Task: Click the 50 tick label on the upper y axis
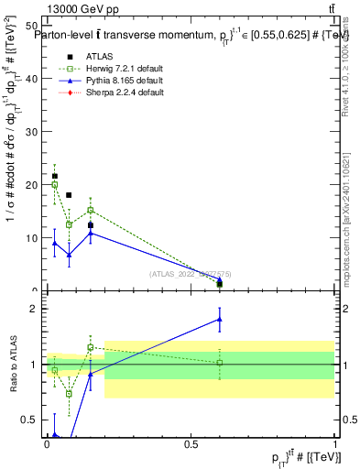click(x=32, y=26)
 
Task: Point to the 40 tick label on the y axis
click(x=32, y=79)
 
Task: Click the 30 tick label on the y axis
click(x=32, y=132)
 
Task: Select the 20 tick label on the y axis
click(x=32, y=185)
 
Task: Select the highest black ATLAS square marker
click(x=54, y=176)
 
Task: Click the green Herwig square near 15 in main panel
click(x=90, y=210)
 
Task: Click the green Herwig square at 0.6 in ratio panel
click(x=219, y=363)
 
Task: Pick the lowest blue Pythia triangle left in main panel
click(x=69, y=255)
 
